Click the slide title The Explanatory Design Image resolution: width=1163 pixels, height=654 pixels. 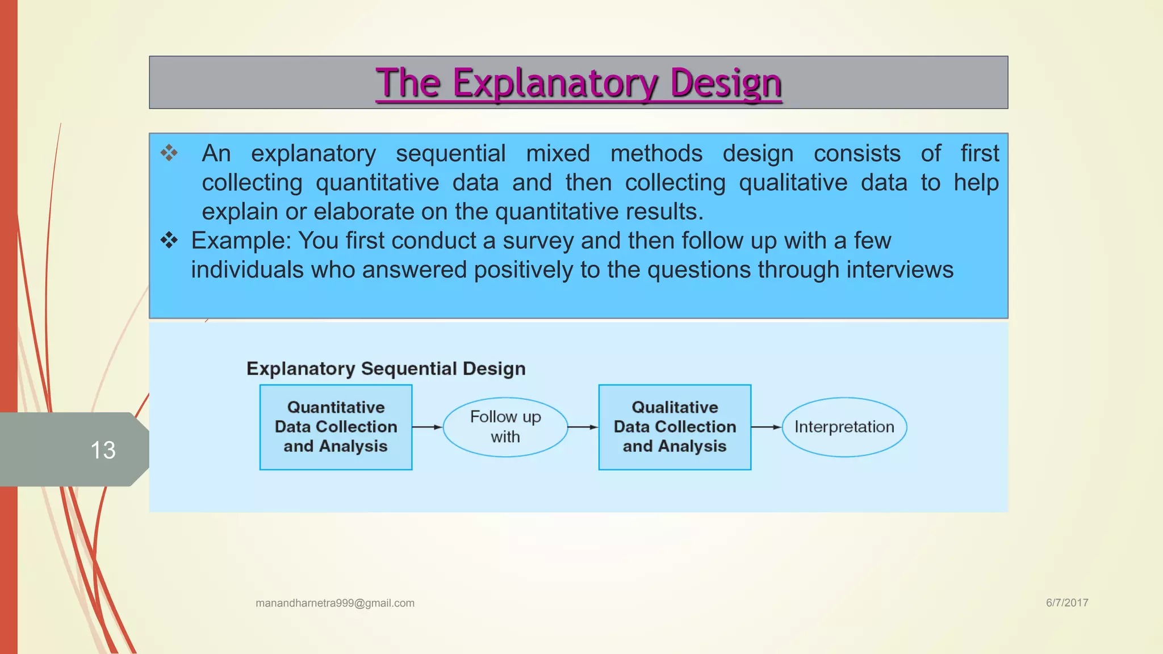pyautogui.click(x=578, y=83)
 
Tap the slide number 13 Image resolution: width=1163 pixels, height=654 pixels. pyautogui.click(x=103, y=450)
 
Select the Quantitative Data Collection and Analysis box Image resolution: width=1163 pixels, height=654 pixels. pyautogui.click(x=336, y=427)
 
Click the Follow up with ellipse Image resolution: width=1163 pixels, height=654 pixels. pyautogui.click(x=505, y=427)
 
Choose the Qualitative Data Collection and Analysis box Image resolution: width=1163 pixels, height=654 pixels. pyautogui.click(x=675, y=427)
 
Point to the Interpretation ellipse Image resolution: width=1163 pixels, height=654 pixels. pyautogui.click(x=844, y=427)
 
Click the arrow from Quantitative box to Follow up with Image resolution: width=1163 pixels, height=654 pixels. pyautogui.click(x=427, y=427)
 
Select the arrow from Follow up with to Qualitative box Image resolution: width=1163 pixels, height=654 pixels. pyautogui.click(x=583, y=427)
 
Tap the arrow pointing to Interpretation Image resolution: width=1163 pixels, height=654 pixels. pyautogui.click(x=766, y=427)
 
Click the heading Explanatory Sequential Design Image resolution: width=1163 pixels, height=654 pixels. pyautogui.click(x=386, y=368)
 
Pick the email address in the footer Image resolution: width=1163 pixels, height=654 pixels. pyautogui.click(x=335, y=603)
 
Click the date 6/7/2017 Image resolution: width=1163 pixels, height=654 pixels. pyautogui.click(x=1067, y=603)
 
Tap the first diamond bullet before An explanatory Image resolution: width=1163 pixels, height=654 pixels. pyautogui.click(x=169, y=152)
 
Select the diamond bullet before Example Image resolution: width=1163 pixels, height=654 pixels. pyautogui.click(x=169, y=240)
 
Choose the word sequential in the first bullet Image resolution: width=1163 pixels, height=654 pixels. pyautogui.click(x=450, y=154)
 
